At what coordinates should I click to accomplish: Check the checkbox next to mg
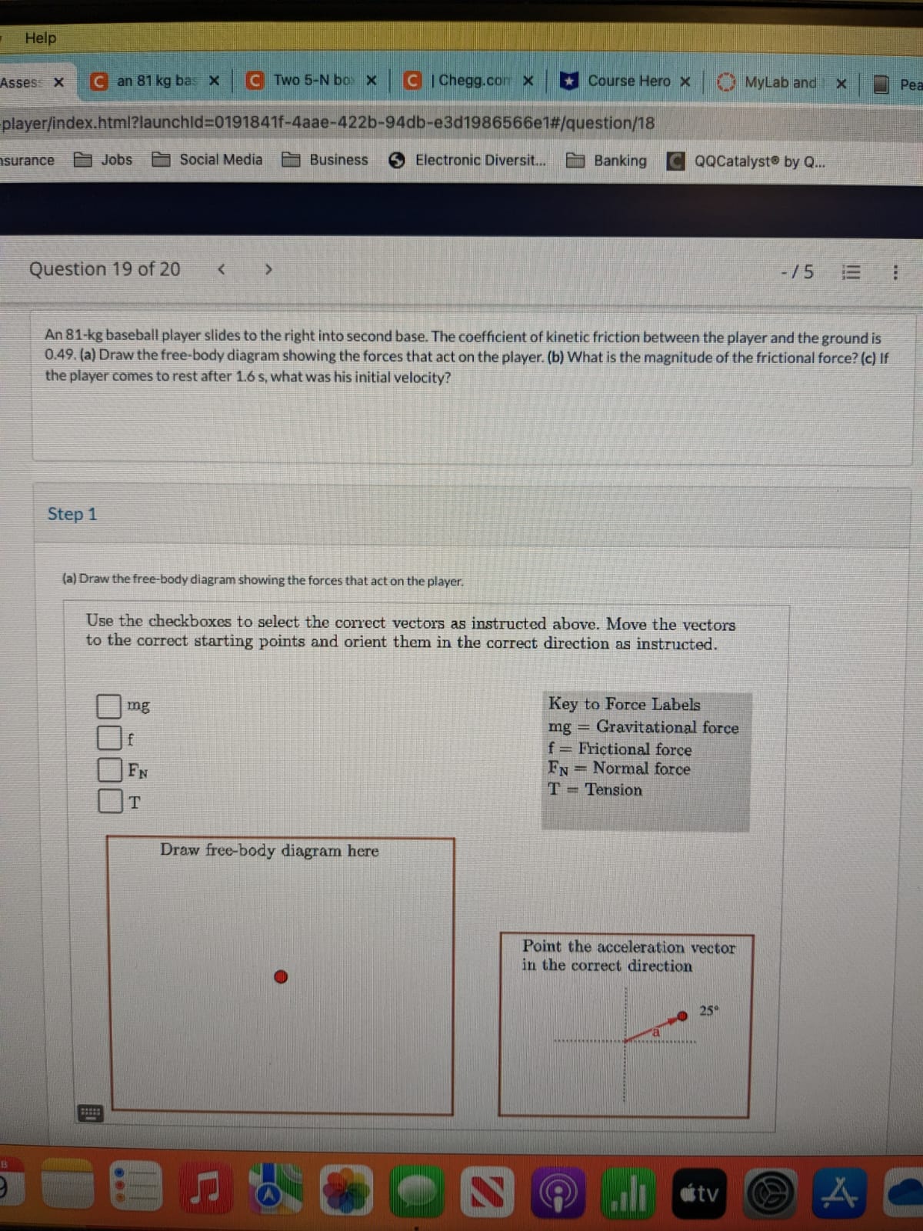[108, 706]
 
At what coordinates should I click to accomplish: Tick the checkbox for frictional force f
[108, 738]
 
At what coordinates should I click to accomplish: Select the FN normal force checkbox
[108, 769]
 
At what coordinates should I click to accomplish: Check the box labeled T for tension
[108, 801]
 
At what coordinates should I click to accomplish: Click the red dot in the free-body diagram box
[281, 977]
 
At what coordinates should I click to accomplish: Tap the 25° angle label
[708, 1010]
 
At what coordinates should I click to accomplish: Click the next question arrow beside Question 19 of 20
[268, 270]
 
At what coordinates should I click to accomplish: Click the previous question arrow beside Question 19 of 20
[222, 269]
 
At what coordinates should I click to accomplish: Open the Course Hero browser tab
[627, 82]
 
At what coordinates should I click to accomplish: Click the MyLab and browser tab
[778, 82]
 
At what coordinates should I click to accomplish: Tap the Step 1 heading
[72, 514]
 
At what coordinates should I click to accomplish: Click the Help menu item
[40, 38]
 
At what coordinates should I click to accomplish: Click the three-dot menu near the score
[895, 272]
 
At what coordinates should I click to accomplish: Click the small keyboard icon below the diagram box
[89, 1113]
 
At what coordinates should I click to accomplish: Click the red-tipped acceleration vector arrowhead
[681, 1016]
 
